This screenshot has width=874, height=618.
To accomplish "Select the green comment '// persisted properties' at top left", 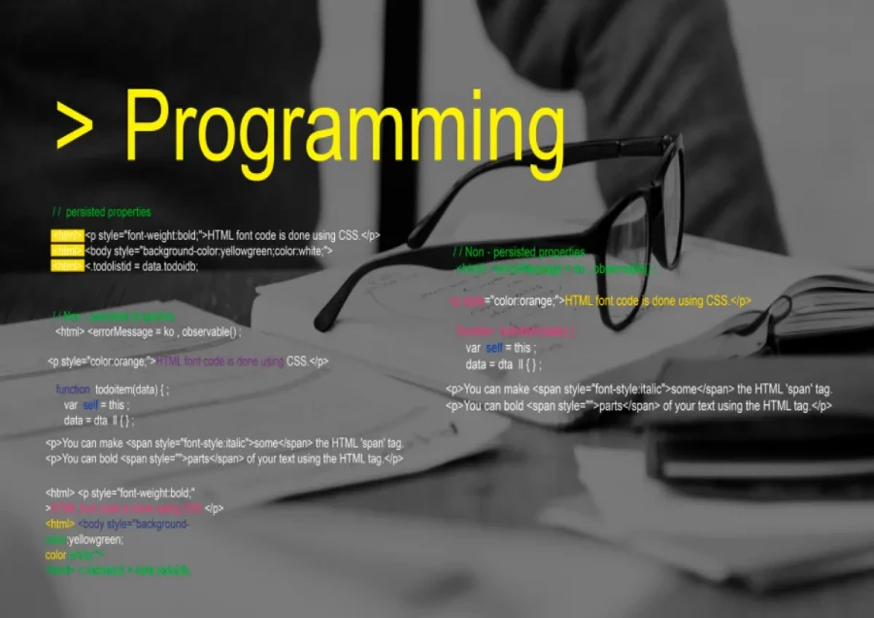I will (102, 212).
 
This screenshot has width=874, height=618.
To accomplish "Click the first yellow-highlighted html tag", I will (67, 235).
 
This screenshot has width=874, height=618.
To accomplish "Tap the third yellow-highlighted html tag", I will (67, 265).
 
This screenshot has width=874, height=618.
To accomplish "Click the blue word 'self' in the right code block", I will (493, 348).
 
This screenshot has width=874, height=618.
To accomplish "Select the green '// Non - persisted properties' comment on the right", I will (520, 253).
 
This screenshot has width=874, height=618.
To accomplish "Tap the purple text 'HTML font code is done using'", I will (219, 361).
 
